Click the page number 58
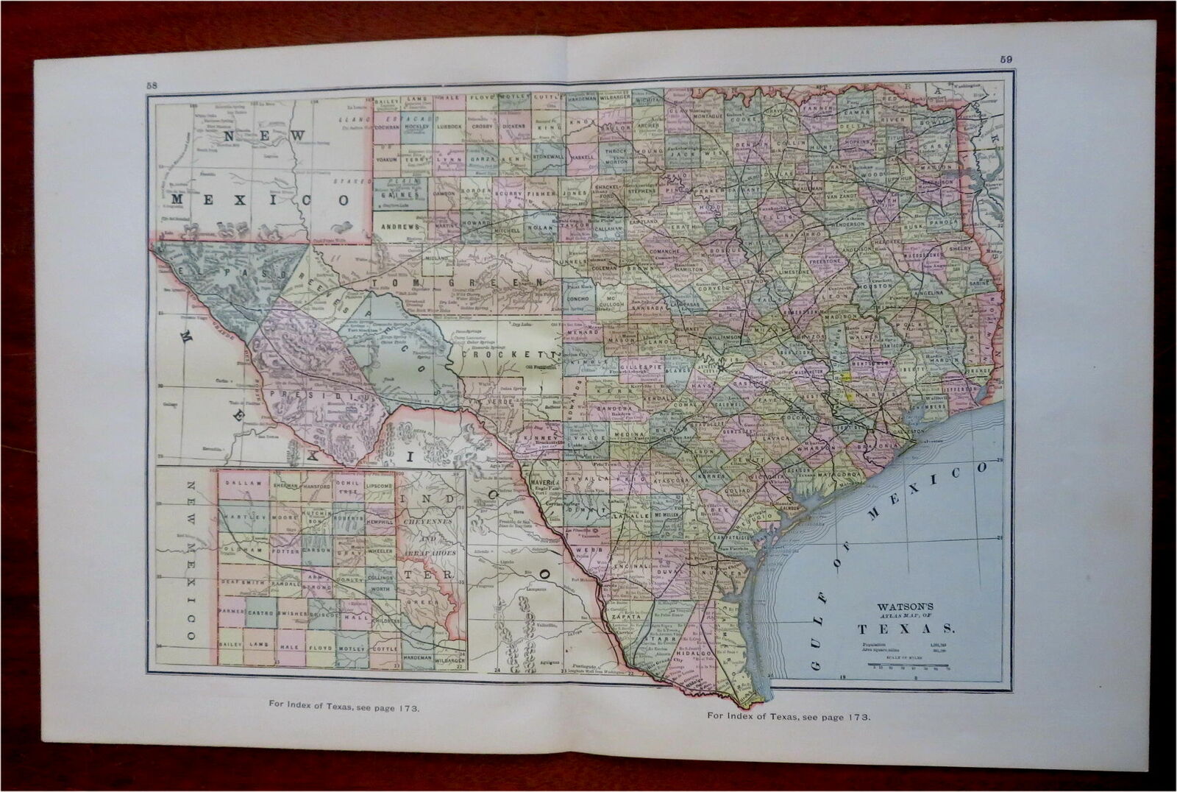coord(152,85)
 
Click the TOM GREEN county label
coord(459,282)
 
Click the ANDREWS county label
coord(401,226)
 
